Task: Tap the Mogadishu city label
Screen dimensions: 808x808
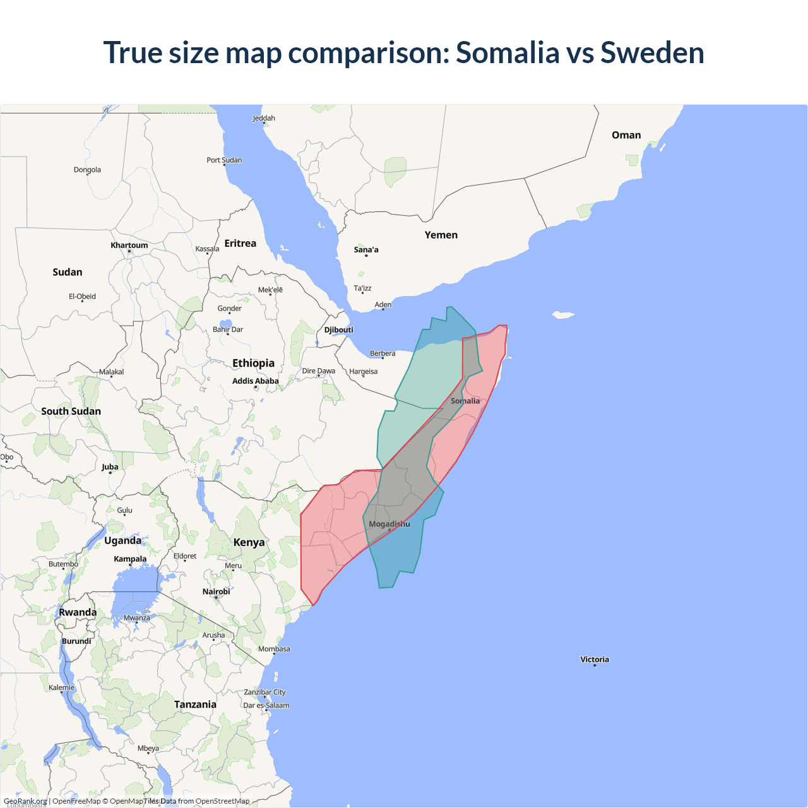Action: pyautogui.click(x=389, y=524)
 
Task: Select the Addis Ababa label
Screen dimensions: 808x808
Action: pyautogui.click(x=255, y=381)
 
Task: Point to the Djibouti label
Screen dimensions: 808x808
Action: pyautogui.click(x=338, y=330)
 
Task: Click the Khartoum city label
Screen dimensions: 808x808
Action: pyautogui.click(x=129, y=245)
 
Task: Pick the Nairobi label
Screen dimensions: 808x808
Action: pyautogui.click(x=216, y=591)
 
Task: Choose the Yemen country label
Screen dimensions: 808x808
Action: pyautogui.click(x=441, y=235)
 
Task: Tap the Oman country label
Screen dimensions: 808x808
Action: pyautogui.click(x=626, y=135)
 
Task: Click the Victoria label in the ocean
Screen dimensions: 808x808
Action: pyautogui.click(x=594, y=659)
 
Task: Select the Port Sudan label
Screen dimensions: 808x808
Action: pyautogui.click(x=224, y=160)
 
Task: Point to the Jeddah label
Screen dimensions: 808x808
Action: pyautogui.click(x=264, y=118)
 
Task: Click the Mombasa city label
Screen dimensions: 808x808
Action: pyautogui.click(x=274, y=649)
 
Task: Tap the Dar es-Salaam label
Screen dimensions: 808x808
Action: pyautogui.click(x=266, y=706)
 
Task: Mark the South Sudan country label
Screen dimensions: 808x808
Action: pyautogui.click(x=71, y=411)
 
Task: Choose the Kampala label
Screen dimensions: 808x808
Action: pyautogui.click(x=130, y=559)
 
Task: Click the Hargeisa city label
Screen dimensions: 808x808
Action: pyautogui.click(x=363, y=371)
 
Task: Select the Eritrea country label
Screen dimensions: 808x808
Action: pyautogui.click(x=240, y=243)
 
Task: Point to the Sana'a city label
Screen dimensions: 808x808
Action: pyautogui.click(x=366, y=249)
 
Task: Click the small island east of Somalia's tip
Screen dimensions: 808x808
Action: pyautogui.click(x=562, y=314)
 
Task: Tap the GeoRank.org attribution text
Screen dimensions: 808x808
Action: pyautogui.click(x=25, y=801)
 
